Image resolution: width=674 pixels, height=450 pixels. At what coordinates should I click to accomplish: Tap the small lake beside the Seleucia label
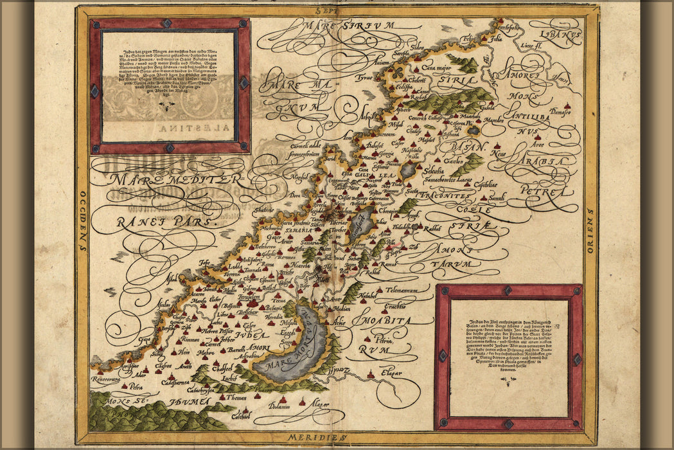408,170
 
